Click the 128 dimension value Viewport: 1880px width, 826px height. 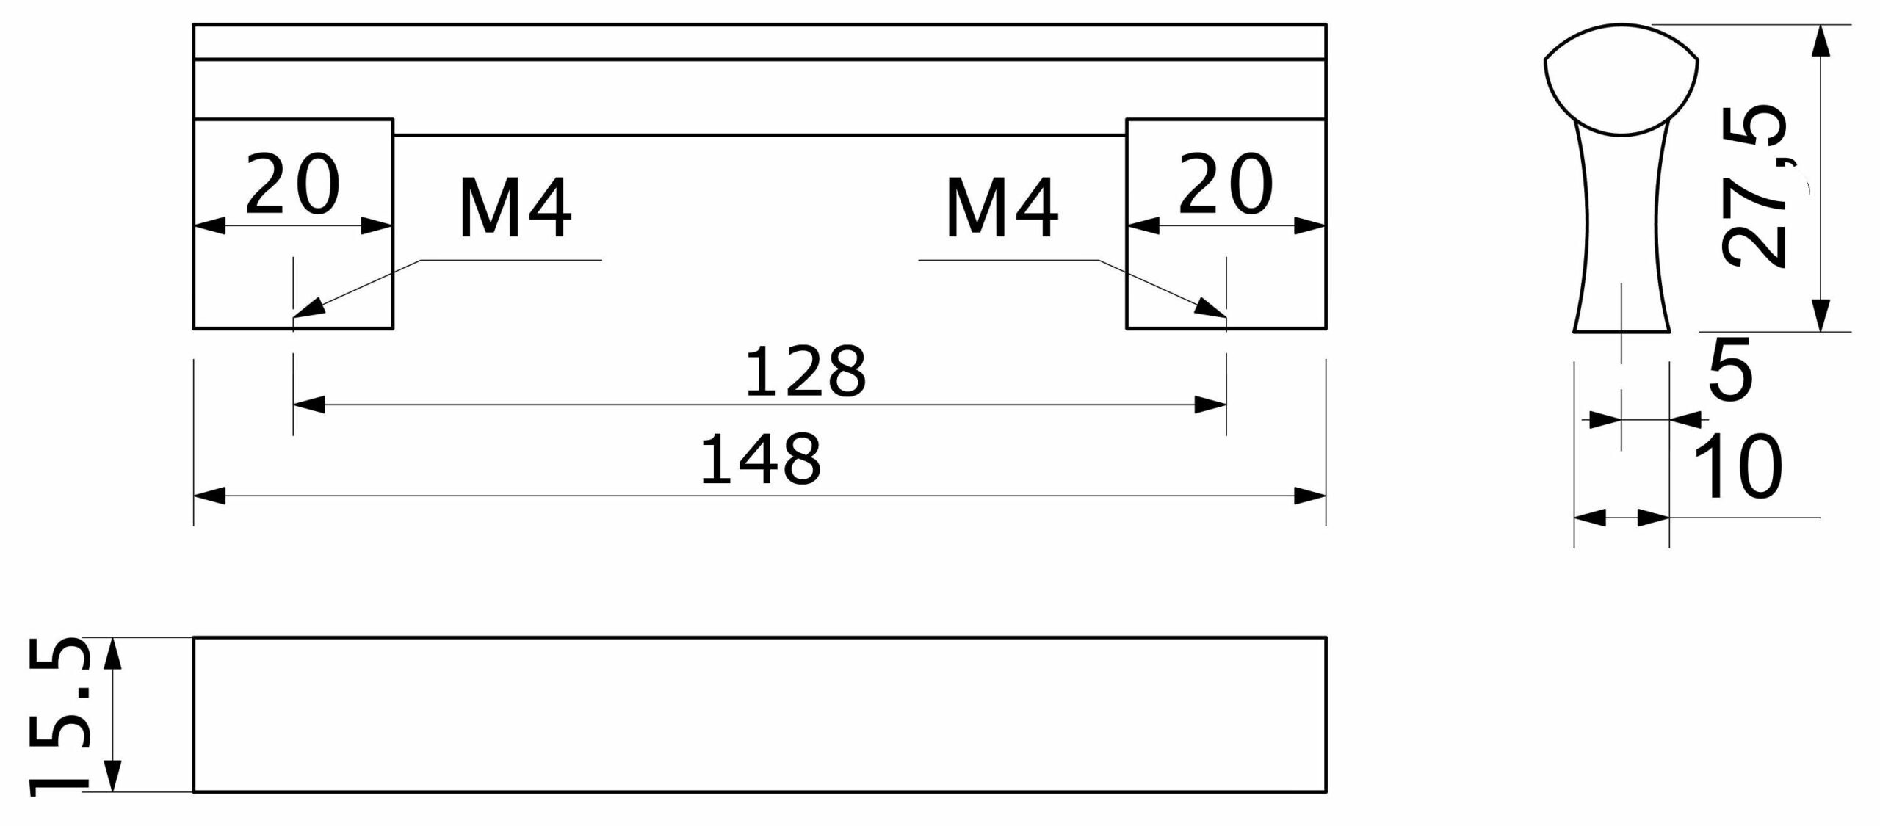806,372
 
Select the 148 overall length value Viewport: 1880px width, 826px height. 761,460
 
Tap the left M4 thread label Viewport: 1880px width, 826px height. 515,209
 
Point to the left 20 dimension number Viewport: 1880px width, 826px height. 292,184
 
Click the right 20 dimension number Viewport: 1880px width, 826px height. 1226,184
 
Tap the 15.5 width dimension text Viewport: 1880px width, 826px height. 58,717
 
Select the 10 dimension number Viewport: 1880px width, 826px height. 1738,466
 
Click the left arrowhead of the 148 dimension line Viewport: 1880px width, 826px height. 195,496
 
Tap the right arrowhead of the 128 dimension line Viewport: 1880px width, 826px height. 1226,405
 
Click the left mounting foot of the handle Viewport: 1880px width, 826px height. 293,224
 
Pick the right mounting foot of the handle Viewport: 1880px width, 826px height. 1226,224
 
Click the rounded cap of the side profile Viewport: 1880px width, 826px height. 1621,81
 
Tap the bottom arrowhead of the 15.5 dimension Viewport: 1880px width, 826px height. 112,791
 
